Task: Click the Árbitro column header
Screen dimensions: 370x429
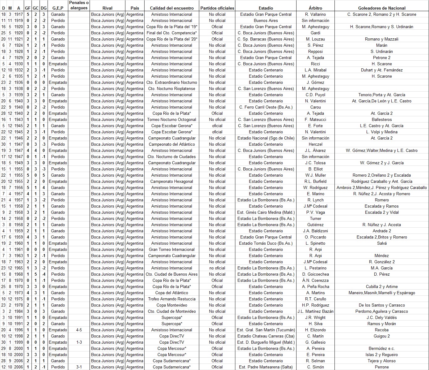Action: click(315, 8)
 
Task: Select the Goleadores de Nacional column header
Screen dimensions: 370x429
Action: click(382, 8)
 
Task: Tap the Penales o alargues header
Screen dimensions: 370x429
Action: click(79, 5)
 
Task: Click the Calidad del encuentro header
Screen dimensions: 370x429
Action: click(172, 8)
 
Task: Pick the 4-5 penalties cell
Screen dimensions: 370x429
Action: click(79, 330)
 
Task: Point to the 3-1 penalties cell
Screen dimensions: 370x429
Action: click(79, 367)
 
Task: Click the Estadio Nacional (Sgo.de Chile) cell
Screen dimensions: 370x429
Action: click(266, 138)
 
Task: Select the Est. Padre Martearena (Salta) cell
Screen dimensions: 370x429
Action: click(266, 367)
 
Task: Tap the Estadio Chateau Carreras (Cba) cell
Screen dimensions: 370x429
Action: click(266, 336)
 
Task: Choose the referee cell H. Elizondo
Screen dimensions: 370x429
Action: click(315, 330)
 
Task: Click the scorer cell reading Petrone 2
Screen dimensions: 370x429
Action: click(382, 58)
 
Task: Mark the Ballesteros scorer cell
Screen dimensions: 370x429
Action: click(382, 119)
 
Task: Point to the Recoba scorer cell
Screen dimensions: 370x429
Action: click(382, 330)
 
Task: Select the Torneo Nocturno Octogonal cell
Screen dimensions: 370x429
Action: click(172, 119)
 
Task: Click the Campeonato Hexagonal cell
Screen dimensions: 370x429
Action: click(172, 181)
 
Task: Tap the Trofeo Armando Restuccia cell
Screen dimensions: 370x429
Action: click(172, 299)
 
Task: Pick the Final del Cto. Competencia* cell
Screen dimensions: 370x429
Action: click(172, 33)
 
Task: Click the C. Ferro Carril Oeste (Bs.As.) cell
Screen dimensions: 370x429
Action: click(266, 107)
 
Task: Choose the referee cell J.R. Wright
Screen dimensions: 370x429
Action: click(315, 317)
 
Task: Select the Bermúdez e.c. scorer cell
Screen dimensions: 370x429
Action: click(382, 348)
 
